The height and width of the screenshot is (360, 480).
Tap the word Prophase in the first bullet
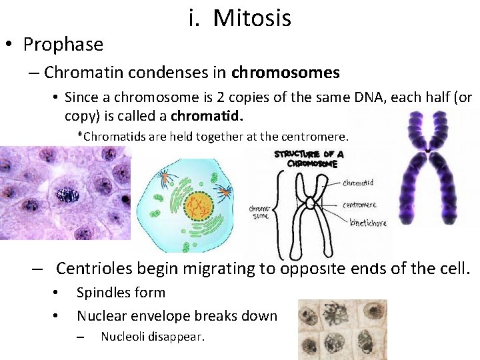(x=63, y=45)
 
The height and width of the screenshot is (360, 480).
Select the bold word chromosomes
(x=285, y=72)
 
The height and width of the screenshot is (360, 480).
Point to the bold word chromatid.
(x=206, y=115)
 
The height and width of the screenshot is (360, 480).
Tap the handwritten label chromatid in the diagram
(x=358, y=183)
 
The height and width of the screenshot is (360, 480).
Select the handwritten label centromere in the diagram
(x=359, y=205)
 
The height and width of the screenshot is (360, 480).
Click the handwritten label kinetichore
(x=367, y=223)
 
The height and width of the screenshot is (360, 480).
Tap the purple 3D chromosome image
(x=431, y=170)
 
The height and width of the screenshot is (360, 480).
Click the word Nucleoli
(x=124, y=337)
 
